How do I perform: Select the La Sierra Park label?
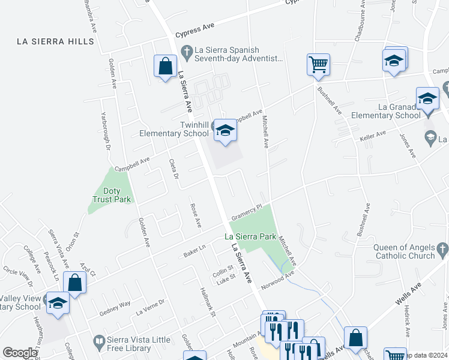(251, 236)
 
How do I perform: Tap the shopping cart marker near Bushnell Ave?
(318, 64)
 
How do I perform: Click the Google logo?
(20, 353)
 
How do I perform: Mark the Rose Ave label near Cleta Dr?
(195, 215)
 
